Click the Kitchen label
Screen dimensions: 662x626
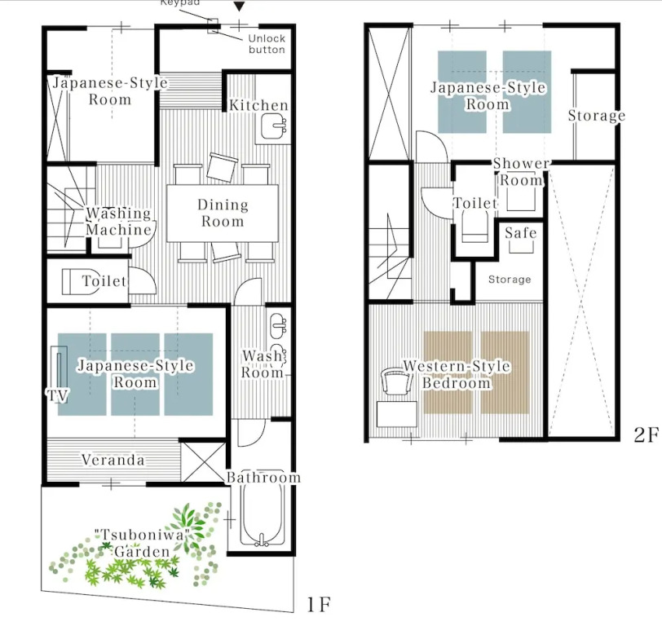[258, 105]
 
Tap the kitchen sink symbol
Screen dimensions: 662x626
[273, 126]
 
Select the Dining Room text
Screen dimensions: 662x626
[223, 214]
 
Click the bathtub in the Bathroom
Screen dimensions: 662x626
[262, 514]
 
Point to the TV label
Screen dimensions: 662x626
[57, 395]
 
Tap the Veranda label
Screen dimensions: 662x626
[113, 460]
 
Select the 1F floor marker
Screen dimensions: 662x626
[319, 605]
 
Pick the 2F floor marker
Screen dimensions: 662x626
[646, 434]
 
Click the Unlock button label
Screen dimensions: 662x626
[267, 44]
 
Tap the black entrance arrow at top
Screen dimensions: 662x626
[240, 6]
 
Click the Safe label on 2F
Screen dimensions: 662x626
[521, 232]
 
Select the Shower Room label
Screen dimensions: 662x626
[521, 172]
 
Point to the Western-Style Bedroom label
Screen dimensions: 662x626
[457, 374]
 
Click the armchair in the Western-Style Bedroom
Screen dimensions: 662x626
[396, 381]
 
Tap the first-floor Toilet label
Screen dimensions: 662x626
[104, 281]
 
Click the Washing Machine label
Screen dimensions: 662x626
[119, 222]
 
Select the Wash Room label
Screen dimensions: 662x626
[263, 364]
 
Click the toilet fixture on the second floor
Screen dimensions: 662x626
[475, 226]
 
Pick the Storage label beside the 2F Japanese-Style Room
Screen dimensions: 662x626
[596, 116]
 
